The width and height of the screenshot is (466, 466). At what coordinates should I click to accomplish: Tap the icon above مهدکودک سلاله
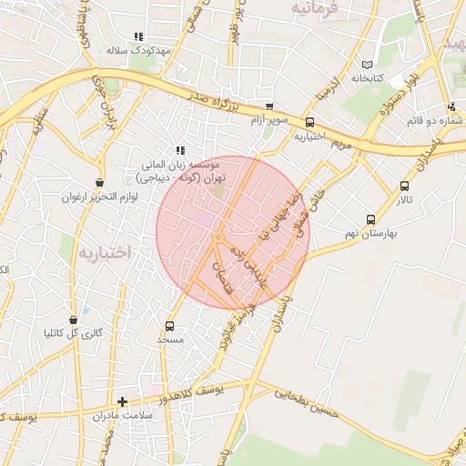[x=138, y=36]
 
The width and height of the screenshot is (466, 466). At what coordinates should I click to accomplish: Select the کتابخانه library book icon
[x=367, y=66]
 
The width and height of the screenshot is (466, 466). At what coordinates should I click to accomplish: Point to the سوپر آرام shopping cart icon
[x=268, y=106]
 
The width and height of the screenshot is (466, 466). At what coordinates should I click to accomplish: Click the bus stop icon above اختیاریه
[x=309, y=122]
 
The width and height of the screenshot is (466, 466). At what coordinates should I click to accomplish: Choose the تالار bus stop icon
[x=404, y=186]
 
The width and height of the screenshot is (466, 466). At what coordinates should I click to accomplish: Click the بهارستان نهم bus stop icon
[x=370, y=219]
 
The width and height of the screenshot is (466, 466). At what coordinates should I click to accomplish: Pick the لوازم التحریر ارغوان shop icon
[x=98, y=183]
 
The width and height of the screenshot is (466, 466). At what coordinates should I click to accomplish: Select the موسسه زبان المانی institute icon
[x=180, y=151]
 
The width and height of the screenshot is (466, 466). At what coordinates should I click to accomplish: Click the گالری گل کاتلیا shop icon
[x=74, y=319]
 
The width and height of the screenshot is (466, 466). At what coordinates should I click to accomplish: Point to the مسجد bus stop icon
[x=169, y=326]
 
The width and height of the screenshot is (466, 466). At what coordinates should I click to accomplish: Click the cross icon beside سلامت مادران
[x=123, y=401]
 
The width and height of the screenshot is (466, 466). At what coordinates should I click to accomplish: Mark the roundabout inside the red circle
[x=218, y=238]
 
